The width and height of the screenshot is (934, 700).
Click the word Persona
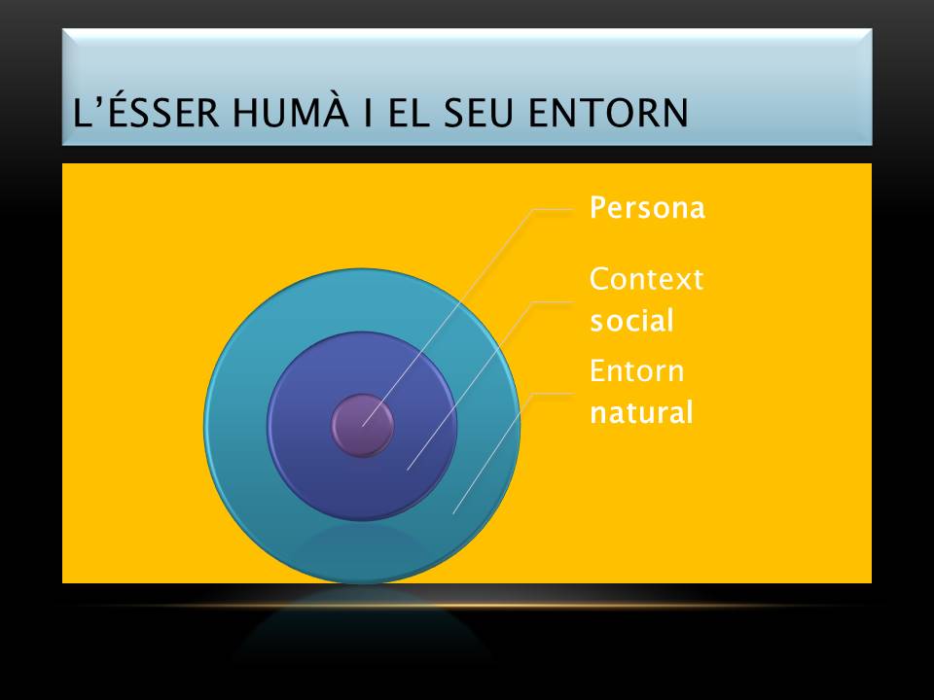[647, 209]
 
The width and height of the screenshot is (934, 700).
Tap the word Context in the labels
[646, 280]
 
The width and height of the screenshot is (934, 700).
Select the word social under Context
[631, 321]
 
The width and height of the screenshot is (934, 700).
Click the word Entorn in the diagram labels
[637, 371]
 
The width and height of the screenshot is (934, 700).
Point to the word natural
[641, 413]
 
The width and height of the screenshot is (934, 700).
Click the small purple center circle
[362, 425]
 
